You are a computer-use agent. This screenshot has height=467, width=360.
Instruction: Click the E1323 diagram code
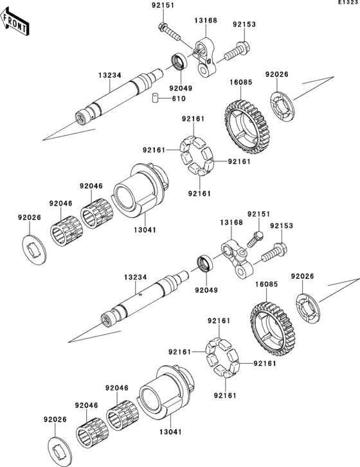[x=348, y=3]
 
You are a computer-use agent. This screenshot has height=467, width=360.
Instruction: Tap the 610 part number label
[x=179, y=98]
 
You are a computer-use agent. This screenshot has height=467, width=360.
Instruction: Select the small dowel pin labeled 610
[x=155, y=98]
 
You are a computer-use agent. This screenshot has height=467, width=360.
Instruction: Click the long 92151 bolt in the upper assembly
[x=169, y=31]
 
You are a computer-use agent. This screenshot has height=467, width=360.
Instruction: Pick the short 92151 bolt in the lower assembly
[x=255, y=239]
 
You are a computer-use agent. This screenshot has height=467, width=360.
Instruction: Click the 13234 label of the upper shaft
[x=110, y=75]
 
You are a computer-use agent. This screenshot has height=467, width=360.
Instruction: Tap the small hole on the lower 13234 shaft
[x=141, y=295]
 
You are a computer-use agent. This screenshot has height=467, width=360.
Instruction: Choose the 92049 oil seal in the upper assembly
[x=180, y=62]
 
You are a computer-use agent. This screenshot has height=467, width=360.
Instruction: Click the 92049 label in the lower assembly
[x=206, y=290]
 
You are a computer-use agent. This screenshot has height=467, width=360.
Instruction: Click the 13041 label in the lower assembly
[x=170, y=432]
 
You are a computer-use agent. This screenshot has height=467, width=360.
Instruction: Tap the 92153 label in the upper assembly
[x=244, y=24]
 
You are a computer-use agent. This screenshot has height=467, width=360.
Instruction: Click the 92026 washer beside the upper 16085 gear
[x=283, y=107]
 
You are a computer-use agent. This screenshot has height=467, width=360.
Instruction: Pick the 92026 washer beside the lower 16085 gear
[x=308, y=309]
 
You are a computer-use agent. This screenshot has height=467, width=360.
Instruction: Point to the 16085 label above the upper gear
[x=241, y=82]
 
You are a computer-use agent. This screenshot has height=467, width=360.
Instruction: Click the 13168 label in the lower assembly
[x=231, y=222]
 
